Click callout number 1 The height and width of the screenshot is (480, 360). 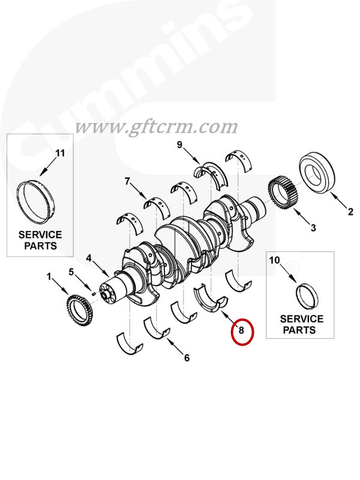[x=50, y=277]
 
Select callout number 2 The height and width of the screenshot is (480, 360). [x=351, y=211]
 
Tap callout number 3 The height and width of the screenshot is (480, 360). [x=313, y=227]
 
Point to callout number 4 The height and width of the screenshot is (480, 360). [x=88, y=259]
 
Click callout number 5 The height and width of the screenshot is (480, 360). [x=71, y=272]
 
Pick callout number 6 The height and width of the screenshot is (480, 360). [x=187, y=358]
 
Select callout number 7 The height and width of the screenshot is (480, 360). [x=127, y=181]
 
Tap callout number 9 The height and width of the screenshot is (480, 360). [x=179, y=145]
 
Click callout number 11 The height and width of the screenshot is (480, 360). [x=60, y=153]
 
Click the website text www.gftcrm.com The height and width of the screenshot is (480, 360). [x=156, y=127]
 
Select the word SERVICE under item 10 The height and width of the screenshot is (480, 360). [x=301, y=319]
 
